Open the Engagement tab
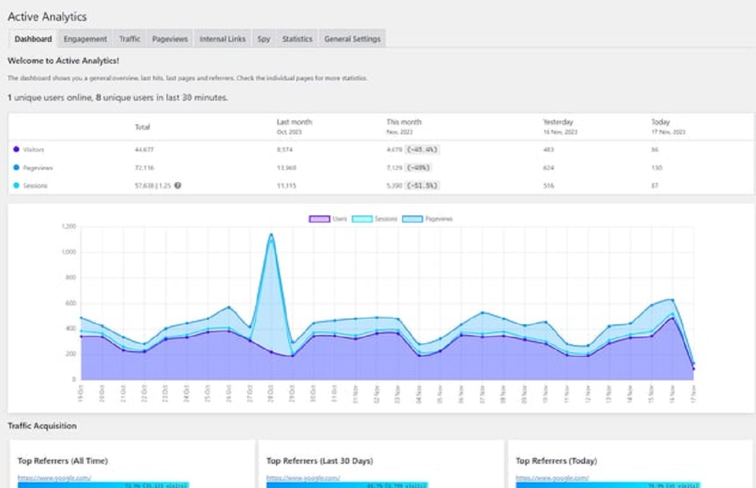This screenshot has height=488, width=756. tap(85, 39)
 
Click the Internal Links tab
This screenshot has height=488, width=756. tap(222, 39)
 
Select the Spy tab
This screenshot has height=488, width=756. tap(263, 39)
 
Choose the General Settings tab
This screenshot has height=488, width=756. tap(352, 39)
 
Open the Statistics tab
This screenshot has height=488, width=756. tap(297, 39)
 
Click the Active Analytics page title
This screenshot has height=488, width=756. tap(47, 17)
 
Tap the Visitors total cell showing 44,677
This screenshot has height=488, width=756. tap(144, 150)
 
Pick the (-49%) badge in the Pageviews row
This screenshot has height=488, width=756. tap(418, 168)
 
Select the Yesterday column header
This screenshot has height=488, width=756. tap(558, 122)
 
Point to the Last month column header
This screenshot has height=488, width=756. tap(294, 122)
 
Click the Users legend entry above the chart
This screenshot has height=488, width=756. tap(328, 219)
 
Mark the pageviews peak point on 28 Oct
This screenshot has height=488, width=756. tap(271, 234)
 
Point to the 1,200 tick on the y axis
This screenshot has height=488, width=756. tap(68, 226)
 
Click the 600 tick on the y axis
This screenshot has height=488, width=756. tap(70, 303)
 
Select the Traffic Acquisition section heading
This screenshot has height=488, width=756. tap(42, 426)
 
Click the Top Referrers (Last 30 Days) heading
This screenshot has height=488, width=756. tap(319, 461)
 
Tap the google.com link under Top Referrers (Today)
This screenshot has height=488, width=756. tap(552, 478)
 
